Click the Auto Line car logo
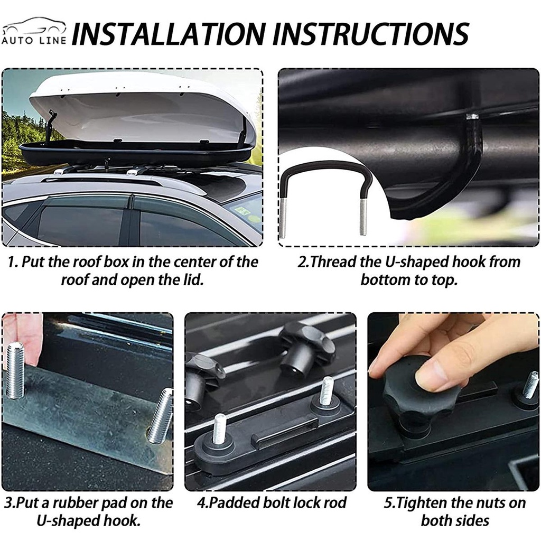[33, 31]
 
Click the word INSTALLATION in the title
[169, 34]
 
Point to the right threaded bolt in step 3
[160, 416]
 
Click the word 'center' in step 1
[194, 262]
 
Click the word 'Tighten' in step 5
[421, 503]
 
